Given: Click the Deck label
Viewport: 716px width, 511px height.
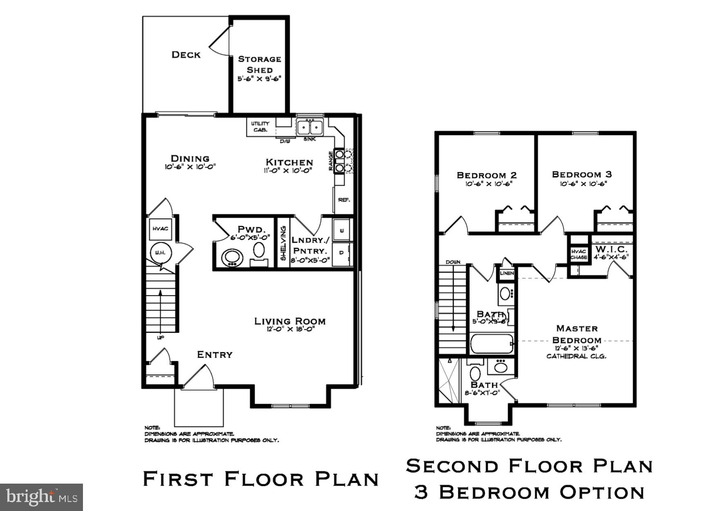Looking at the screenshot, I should tap(186, 55).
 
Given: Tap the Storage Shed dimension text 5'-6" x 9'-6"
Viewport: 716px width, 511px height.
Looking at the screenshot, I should tap(260, 79).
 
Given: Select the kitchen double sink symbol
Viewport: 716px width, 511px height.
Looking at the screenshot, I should tap(309, 128).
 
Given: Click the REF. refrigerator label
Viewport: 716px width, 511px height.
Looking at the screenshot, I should tap(344, 200).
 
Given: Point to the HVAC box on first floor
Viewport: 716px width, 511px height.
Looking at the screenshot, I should tap(160, 229).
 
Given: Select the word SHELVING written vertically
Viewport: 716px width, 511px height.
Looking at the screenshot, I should tap(283, 243).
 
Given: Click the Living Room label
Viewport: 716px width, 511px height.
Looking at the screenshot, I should tap(290, 321).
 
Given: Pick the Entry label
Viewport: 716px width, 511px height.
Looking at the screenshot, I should tap(215, 354).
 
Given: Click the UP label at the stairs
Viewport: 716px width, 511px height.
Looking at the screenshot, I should tap(161, 338).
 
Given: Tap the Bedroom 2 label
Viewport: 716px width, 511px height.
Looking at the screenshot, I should tap(487, 175).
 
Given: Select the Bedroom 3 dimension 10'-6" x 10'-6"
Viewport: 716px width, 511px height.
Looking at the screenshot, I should tap(583, 184).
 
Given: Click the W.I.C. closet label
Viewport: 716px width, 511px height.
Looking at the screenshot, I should tap(611, 249).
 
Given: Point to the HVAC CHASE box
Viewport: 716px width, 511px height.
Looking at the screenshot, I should tap(579, 254).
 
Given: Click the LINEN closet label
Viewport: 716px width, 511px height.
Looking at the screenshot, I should tap(507, 273).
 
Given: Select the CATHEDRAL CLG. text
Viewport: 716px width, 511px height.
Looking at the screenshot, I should tap(576, 356).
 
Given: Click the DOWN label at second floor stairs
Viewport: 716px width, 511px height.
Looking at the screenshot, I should tap(453, 262).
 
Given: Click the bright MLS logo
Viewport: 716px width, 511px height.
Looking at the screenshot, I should tap(41, 497).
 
